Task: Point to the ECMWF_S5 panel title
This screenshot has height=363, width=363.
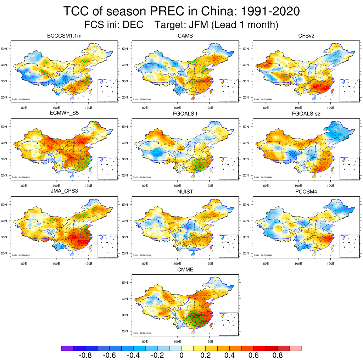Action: pos(65,114)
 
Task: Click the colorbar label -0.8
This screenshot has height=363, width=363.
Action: pos(85,356)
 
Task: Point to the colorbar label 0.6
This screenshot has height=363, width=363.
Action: pos(254,356)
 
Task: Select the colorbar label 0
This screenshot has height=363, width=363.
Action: pos(181,356)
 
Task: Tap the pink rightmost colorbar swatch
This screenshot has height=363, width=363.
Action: pos(296,348)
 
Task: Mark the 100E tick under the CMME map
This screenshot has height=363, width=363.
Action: pos(177,342)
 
